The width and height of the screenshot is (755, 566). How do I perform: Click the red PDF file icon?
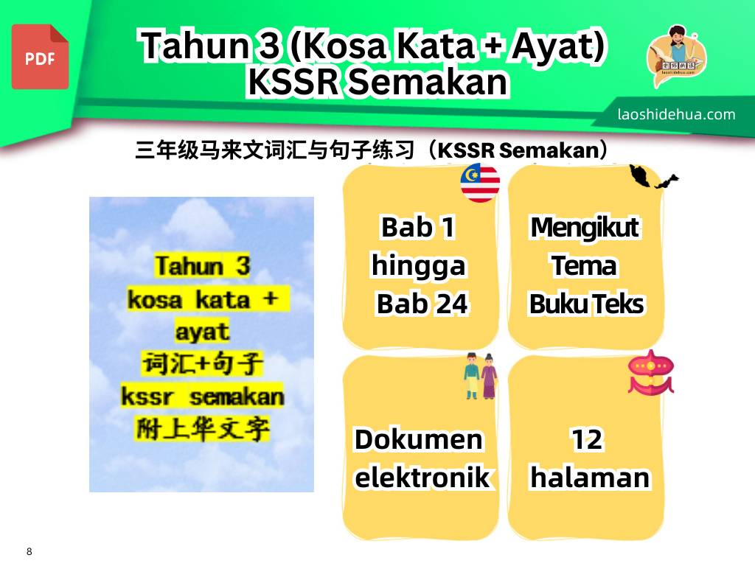click(x=40, y=57)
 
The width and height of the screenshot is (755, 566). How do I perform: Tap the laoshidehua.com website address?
click(x=676, y=114)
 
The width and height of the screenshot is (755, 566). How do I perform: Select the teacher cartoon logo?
click(x=677, y=55)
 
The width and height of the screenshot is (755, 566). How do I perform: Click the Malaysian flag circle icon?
click(x=480, y=183)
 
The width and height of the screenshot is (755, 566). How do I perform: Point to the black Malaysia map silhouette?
click(x=653, y=177)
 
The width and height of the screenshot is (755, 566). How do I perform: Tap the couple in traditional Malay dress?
click(x=481, y=376)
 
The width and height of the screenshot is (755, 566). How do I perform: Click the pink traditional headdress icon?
click(x=650, y=373)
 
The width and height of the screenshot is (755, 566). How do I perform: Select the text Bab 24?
click(x=422, y=304)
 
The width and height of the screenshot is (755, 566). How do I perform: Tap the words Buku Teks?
click(x=586, y=304)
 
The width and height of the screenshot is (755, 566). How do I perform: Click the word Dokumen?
click(x=419, y=440)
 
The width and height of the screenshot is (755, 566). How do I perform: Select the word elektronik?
click(x=422, y=478)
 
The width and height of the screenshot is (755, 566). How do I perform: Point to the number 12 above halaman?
click(x=586, y=440)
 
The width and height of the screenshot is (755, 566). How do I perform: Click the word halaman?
click(x=590, y=478)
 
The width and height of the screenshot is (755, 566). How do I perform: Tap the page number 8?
click(x=29, y=551)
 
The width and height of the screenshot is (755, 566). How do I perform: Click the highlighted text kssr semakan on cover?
click(x=202, y=396)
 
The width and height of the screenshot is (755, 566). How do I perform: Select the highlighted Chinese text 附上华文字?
click(x=202, y=429)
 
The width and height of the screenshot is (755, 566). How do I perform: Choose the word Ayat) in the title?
click(x=558, y=46)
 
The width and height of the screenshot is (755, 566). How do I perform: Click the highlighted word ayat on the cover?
click(x=202, y=332)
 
